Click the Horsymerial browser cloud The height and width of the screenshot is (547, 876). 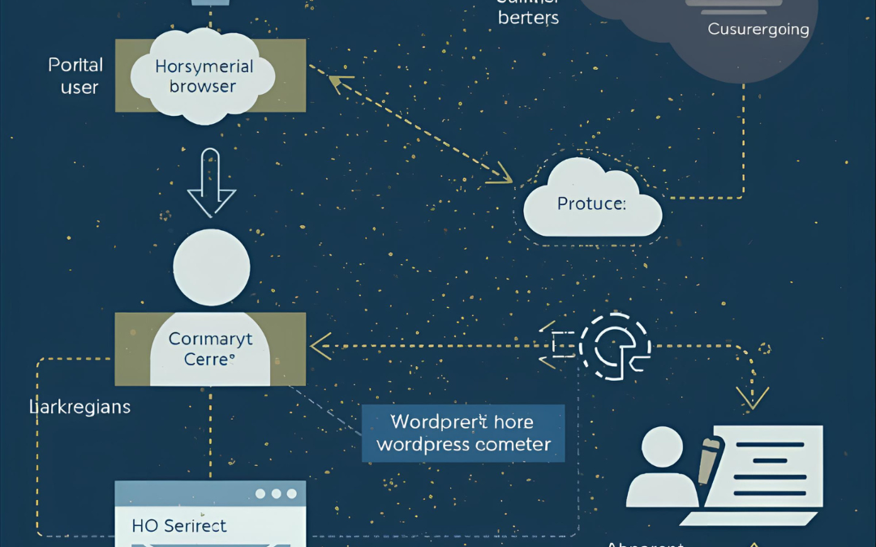click(203, 77)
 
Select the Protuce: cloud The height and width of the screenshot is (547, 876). click(592, 202)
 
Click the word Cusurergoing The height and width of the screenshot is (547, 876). click(758, 29)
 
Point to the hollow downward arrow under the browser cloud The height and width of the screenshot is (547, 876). click(211, 185)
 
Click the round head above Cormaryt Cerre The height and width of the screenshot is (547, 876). click(212, 267)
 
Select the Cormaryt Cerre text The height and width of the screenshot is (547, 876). click(210, 349)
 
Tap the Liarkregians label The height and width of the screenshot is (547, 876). click(79, 406)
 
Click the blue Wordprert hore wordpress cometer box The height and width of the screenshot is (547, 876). click(463, 434)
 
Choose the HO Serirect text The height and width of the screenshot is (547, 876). click(179, 525)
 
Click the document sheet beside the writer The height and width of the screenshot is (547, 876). click(775, 470)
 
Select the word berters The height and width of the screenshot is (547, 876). click(528, 18)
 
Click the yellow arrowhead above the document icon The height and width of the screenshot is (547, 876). click(752, 396)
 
